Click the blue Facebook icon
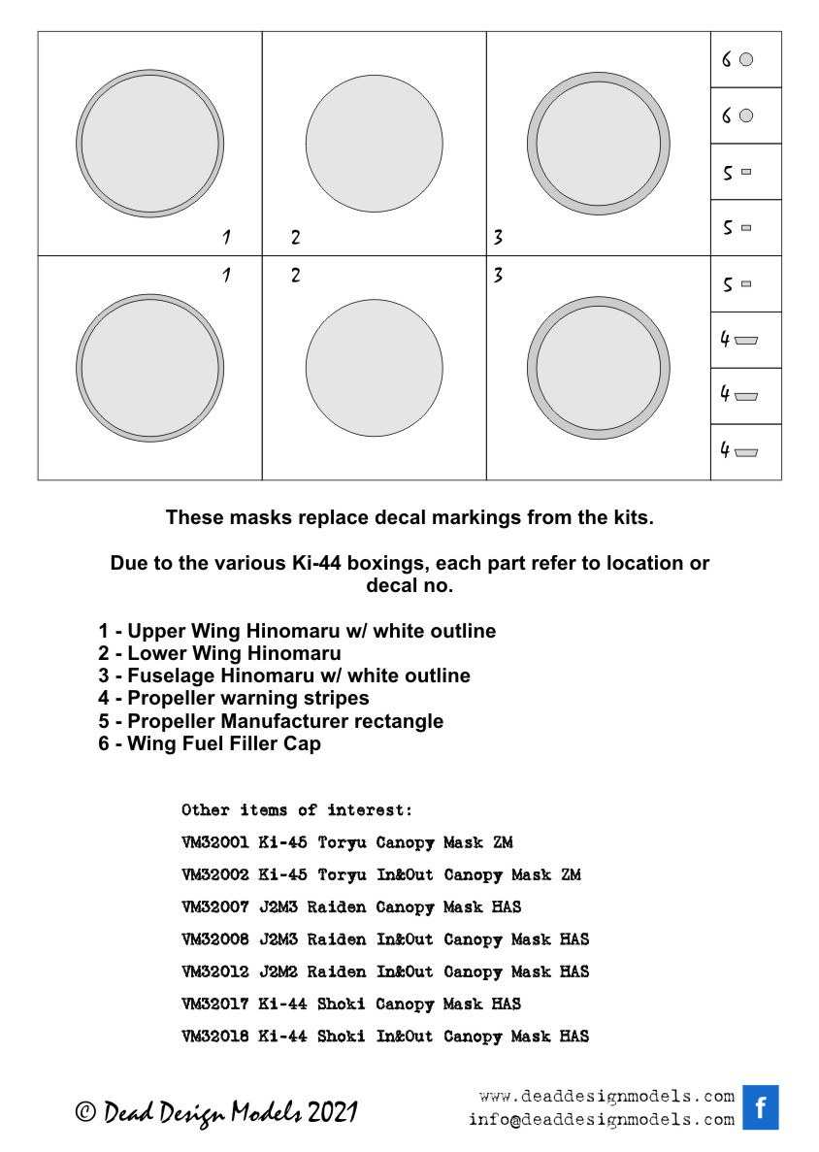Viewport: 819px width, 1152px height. coord(761,1107)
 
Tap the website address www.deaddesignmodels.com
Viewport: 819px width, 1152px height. coord(606,1097)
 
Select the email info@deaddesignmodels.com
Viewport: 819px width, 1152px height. coord(601,1119)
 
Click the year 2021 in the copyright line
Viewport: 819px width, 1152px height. coord(333,1113)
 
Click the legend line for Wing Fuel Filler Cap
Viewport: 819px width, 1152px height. coord(209,744)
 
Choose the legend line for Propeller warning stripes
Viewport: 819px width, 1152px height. coord(233,698)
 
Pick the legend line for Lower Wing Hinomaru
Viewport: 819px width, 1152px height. coord(219,653)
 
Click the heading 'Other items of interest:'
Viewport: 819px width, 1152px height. coord(297,809)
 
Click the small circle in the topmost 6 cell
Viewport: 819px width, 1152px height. coord(746,60)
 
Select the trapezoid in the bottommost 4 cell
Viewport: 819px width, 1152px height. coord(746,451)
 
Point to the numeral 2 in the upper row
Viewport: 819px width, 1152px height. coord(296,237)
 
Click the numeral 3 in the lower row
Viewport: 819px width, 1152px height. coord(498,276)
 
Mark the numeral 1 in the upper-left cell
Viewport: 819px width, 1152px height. coord(226,237)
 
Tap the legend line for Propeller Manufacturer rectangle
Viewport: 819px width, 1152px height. coord(271,721)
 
